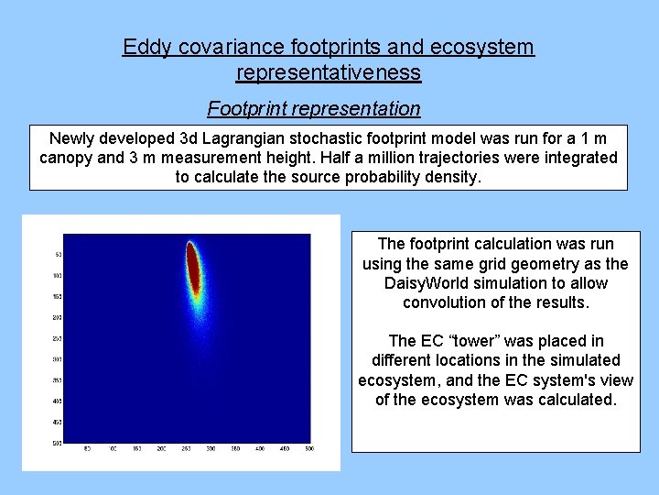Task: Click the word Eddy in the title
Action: [x=145, y=47]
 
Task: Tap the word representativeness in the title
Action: [x=329, y=71]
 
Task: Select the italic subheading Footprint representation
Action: [x=314, y=108]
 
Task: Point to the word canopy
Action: [x=65, y=158]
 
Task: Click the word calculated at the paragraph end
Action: [x=568, y=400]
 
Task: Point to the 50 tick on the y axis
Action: [x=59, y=254]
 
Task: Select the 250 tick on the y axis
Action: [x=58, y=338]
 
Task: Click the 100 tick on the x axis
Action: [x=113, y=448]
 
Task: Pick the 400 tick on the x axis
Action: [x=259, y=448]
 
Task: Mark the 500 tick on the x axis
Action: [x=308, y=448]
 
